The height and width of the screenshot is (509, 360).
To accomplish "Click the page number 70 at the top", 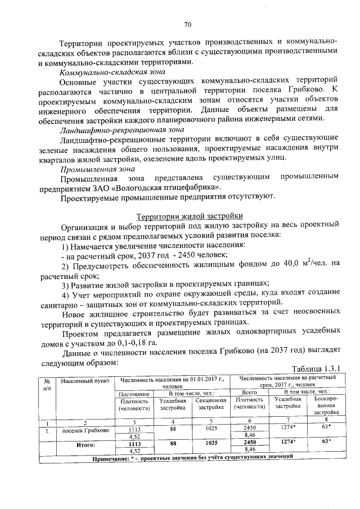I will (x=188, y=24).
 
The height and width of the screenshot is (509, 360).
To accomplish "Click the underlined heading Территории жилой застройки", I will (x=190, y=216).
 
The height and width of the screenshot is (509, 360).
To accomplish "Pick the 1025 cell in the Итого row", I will (x=208, y=443).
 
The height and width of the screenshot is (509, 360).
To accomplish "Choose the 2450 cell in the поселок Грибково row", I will (x=249, y=428).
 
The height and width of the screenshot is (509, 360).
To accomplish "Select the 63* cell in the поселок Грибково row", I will (x=325, y=427).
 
